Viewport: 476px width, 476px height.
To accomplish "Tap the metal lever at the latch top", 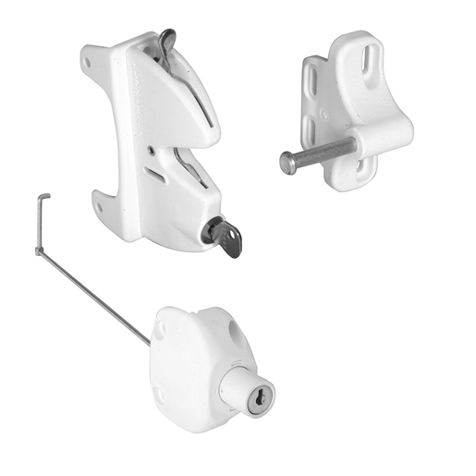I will point(165,39).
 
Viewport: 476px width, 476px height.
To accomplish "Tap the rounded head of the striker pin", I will point(288,163).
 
